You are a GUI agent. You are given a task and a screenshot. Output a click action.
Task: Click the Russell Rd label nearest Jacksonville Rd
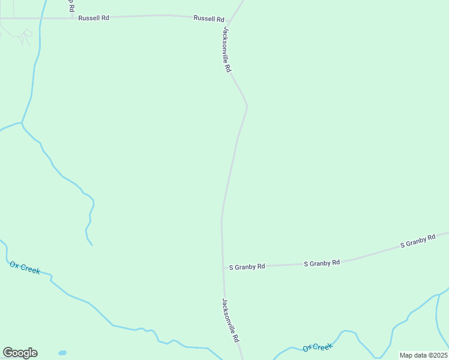pos(208,19)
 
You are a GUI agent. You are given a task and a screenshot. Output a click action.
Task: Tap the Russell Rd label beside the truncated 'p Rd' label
pos(94,18)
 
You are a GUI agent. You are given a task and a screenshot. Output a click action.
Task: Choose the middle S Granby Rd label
pos(322,263)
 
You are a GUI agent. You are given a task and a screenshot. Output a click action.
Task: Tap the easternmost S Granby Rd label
pos(418,242)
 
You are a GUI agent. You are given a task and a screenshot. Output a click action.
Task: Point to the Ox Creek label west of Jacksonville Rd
pos(25,268)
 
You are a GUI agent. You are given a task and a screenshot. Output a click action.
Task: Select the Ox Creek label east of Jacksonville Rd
pos(318,347)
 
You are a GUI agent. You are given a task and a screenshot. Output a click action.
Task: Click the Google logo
pos(20,353)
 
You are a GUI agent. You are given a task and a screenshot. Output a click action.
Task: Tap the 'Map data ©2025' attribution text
pos(423,355)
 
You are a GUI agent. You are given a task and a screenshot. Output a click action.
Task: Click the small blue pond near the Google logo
pos(62,353)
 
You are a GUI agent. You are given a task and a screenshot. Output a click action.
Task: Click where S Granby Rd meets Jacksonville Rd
pos(223,268)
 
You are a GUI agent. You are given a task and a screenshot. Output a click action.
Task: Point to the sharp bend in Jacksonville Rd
pos(247,106)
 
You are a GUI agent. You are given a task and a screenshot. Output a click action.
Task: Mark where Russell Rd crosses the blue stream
pos(40,19)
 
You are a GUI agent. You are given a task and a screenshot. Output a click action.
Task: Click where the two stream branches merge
pos(22,123)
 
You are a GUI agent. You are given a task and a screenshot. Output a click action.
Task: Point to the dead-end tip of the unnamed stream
pos(92,245)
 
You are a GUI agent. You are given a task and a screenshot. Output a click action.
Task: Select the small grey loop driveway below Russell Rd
pos(25,39)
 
